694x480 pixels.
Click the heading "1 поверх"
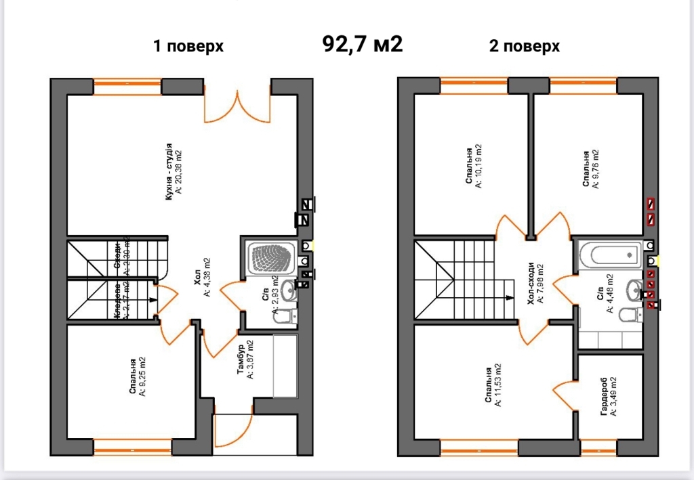point(188,46)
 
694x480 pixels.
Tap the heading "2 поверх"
point(524,46)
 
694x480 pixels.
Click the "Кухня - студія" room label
point(172,172)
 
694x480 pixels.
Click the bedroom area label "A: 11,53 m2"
point(498,387)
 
